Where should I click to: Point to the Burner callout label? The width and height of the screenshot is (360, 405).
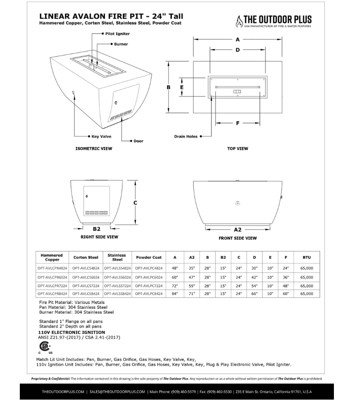point(121,44)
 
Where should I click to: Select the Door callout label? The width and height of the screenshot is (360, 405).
point(138,141)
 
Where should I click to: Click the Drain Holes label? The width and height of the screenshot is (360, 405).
point(185,136)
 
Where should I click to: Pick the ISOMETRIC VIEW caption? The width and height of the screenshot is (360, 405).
point(94,148)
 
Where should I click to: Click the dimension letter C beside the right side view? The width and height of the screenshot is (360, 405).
point(135,203)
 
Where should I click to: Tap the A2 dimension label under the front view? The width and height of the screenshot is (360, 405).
point(238,229)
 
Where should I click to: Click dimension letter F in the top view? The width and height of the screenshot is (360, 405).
point(238,123)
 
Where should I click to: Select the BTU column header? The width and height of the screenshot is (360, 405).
point(306,257)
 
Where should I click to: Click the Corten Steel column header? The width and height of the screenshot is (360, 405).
point(86,257)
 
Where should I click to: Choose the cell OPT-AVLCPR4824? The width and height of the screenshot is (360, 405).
point(52,268)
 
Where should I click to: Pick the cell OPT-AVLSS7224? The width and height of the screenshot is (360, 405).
point(117,285)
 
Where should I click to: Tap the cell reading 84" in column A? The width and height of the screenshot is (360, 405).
point(175,294)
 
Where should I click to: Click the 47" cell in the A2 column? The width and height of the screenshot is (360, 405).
point(191,277)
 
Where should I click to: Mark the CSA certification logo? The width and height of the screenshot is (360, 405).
point(45,347)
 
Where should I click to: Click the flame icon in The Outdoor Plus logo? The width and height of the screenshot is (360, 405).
point(240,21)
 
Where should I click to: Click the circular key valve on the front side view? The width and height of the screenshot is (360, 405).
point(238,203)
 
